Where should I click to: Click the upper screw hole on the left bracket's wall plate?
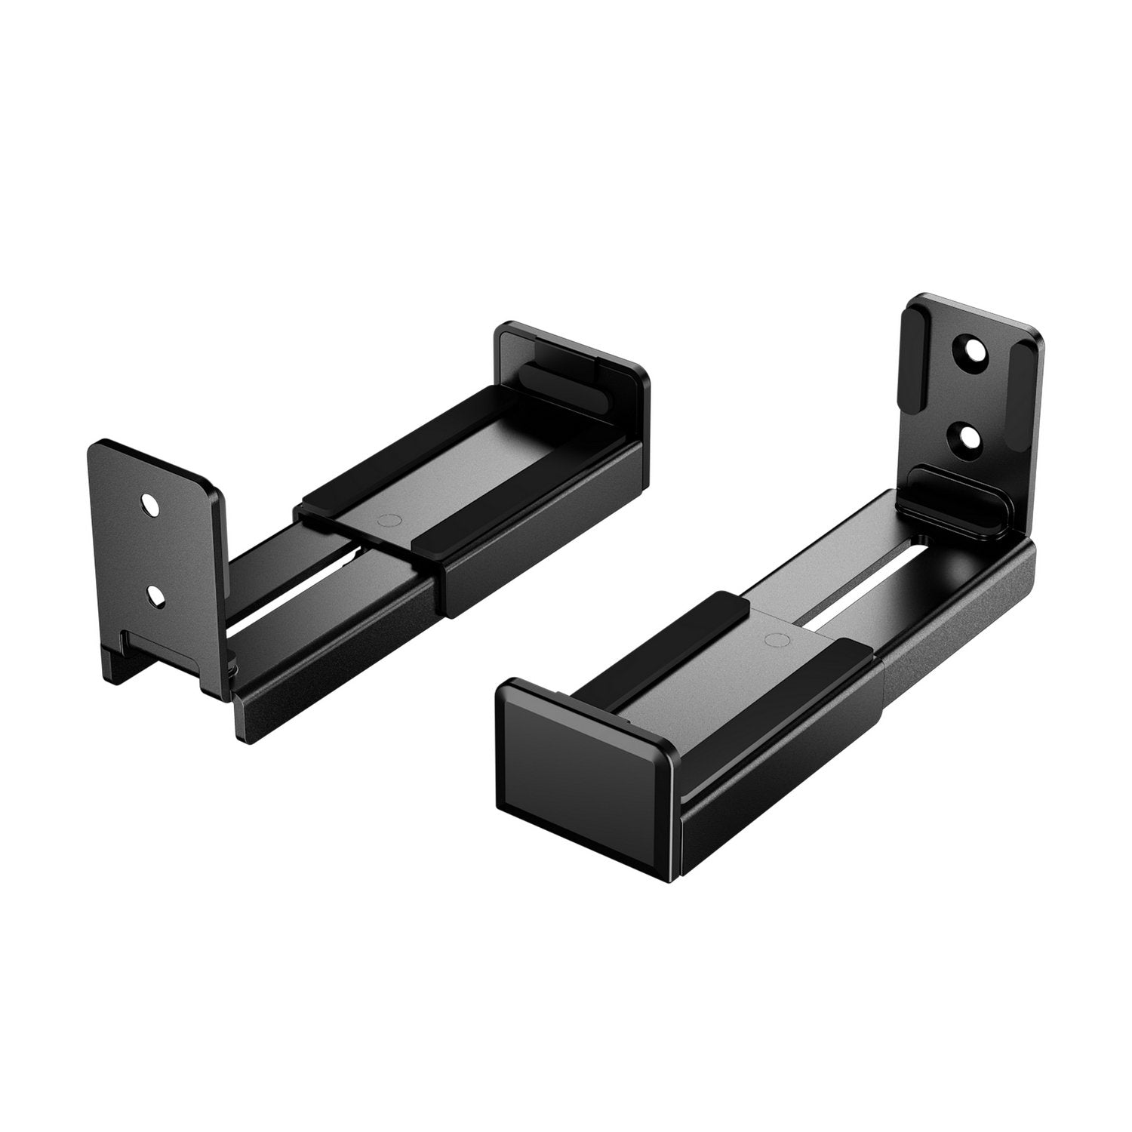[151, 504]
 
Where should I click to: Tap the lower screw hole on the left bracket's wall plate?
[155, 595]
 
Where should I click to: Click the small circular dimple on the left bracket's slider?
[389, 520]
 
